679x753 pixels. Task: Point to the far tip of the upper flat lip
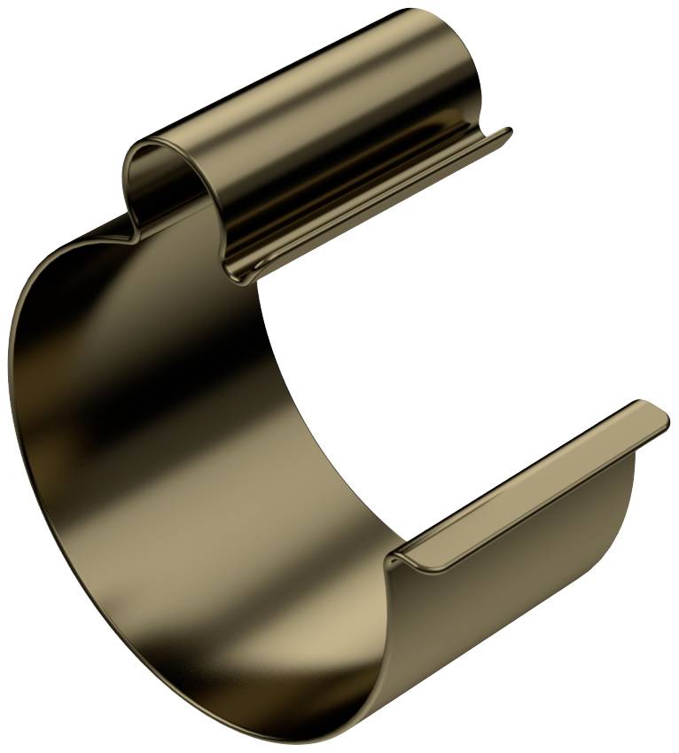508,132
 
